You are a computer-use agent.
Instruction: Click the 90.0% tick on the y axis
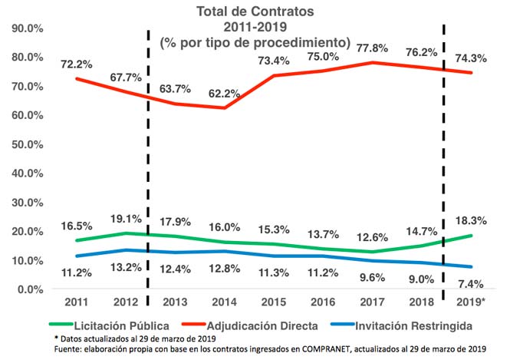(27, 28)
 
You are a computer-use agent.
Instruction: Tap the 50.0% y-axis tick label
(27, 144)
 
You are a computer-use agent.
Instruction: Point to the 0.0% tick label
(30, 289)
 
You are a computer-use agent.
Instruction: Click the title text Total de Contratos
(255, 12)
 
